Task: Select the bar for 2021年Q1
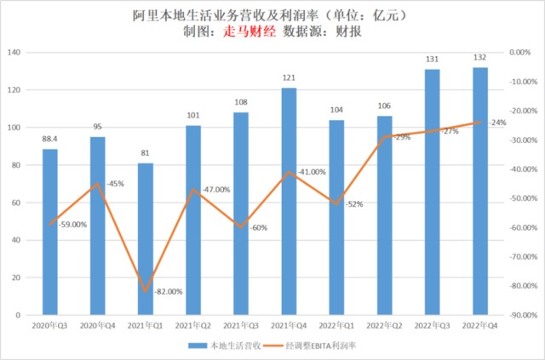146,238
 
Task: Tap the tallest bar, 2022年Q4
480,191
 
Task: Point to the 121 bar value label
290,78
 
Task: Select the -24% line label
496,123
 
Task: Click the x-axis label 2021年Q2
193,325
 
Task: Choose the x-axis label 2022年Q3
433,325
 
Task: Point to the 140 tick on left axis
14,53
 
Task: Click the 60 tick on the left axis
16,203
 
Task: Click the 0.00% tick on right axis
519,53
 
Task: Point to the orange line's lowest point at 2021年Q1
146,291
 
